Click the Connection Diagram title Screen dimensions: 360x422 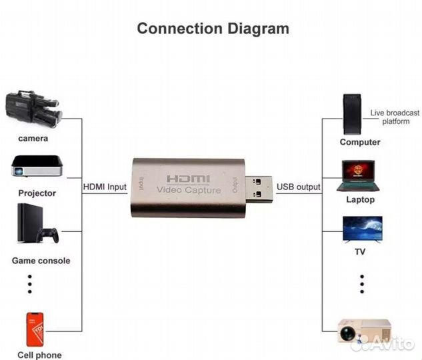(213, 29)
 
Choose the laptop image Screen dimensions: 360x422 (361, 175)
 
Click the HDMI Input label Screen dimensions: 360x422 (105, 187)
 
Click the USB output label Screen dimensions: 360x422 (298, 187)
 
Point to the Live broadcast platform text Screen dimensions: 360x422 (395, 117)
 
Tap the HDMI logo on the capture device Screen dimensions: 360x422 (187, 179)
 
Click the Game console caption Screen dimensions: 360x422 (41, 261)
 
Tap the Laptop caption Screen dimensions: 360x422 (360, 199)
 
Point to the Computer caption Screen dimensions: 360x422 (360, 142)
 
